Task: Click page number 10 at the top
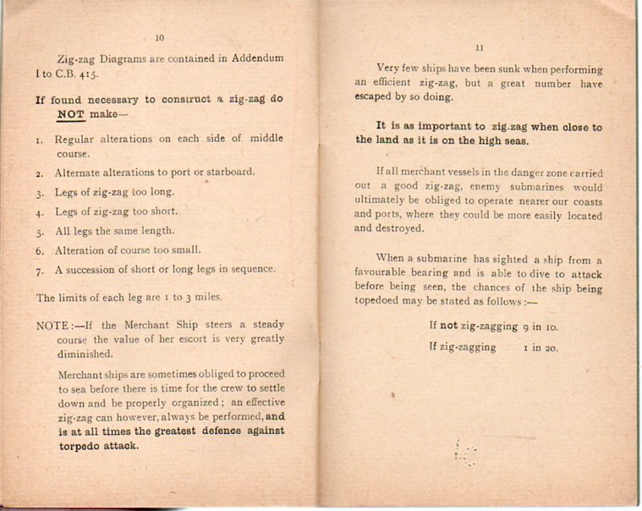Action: tap(161, 37)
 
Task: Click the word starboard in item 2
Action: tap(228, 173)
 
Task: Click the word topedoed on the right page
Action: tap(381, 302)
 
